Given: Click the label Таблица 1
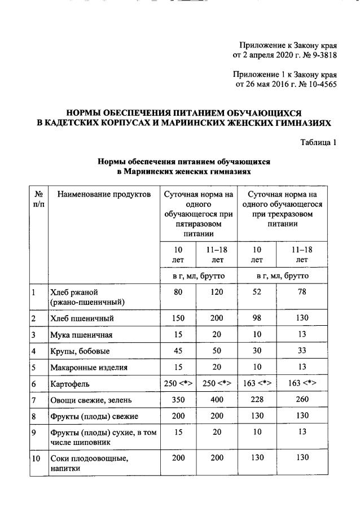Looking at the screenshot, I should click(318, 142).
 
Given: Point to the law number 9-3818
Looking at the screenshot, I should click(323, 55).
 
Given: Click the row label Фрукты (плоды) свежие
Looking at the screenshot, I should click(95, 417).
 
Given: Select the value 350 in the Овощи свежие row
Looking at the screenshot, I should click(178, 400).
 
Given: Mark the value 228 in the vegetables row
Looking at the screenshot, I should click(256, 400).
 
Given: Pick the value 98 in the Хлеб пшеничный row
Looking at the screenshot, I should click(256, 318).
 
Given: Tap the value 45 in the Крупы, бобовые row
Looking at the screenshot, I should click(178, 351).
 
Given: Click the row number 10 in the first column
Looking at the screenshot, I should click(37, 459).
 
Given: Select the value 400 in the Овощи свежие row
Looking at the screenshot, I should click(217, 400).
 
